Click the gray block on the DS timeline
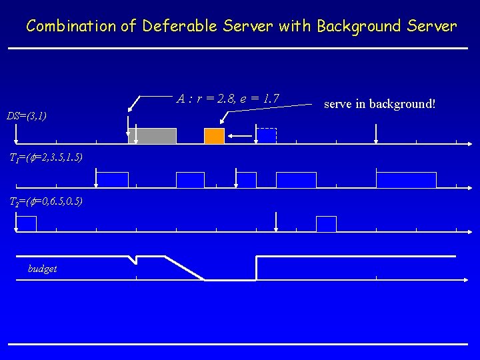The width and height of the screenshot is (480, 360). pos(153,136)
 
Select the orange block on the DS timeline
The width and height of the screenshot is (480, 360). pos(214,136)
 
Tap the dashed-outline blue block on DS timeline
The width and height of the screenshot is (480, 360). pos(267,136)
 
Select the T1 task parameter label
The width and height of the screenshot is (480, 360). pos(45,158)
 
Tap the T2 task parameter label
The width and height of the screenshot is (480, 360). pos(45,201)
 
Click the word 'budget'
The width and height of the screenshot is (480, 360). pos(42,269)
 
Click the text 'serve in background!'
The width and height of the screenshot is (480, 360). pos(379,104)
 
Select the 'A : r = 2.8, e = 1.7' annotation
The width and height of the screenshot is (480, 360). pos(228,99)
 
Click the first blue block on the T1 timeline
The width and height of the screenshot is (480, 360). pos(113,179)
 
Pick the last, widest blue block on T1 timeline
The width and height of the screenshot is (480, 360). pos(406,179)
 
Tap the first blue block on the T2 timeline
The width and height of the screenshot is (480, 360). pos(26,224)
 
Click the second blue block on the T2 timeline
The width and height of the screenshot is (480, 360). pos(326,224)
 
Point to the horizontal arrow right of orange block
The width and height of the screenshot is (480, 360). pos(240,136)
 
